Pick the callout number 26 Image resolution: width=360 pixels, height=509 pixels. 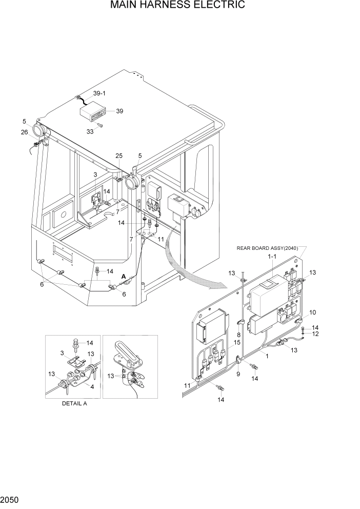[24, 132]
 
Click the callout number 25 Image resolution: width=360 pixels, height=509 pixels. [119, 155]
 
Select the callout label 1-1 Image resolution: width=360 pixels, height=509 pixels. [271, 256]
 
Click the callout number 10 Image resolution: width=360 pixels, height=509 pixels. [312, 312]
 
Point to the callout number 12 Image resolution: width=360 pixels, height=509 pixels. [315, 334]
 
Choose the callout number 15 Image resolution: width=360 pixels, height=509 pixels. [237, 342]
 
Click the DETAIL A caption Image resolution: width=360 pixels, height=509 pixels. [75, 403]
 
